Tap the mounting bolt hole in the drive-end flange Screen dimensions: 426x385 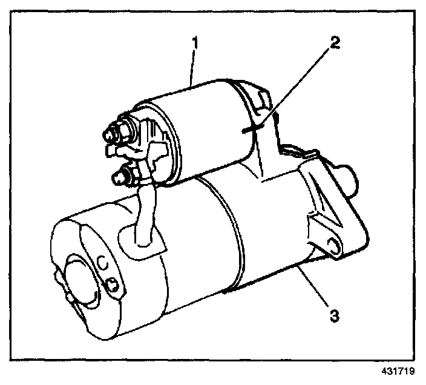pos(332,243)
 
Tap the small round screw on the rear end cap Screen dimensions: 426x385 pos(113,284)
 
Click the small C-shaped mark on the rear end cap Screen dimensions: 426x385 pos(101,262)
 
